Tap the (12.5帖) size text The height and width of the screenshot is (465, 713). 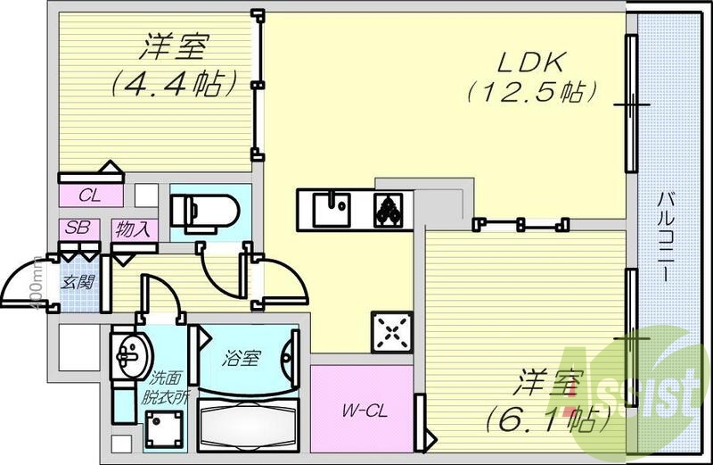[529, 91]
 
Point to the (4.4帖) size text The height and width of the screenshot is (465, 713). [174, 85]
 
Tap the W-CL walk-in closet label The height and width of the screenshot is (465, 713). [362, 411]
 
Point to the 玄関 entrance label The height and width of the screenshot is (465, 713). [73, 284]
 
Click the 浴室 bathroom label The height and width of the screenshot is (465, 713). [242, 359]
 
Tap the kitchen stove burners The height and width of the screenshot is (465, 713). [389, 210]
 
